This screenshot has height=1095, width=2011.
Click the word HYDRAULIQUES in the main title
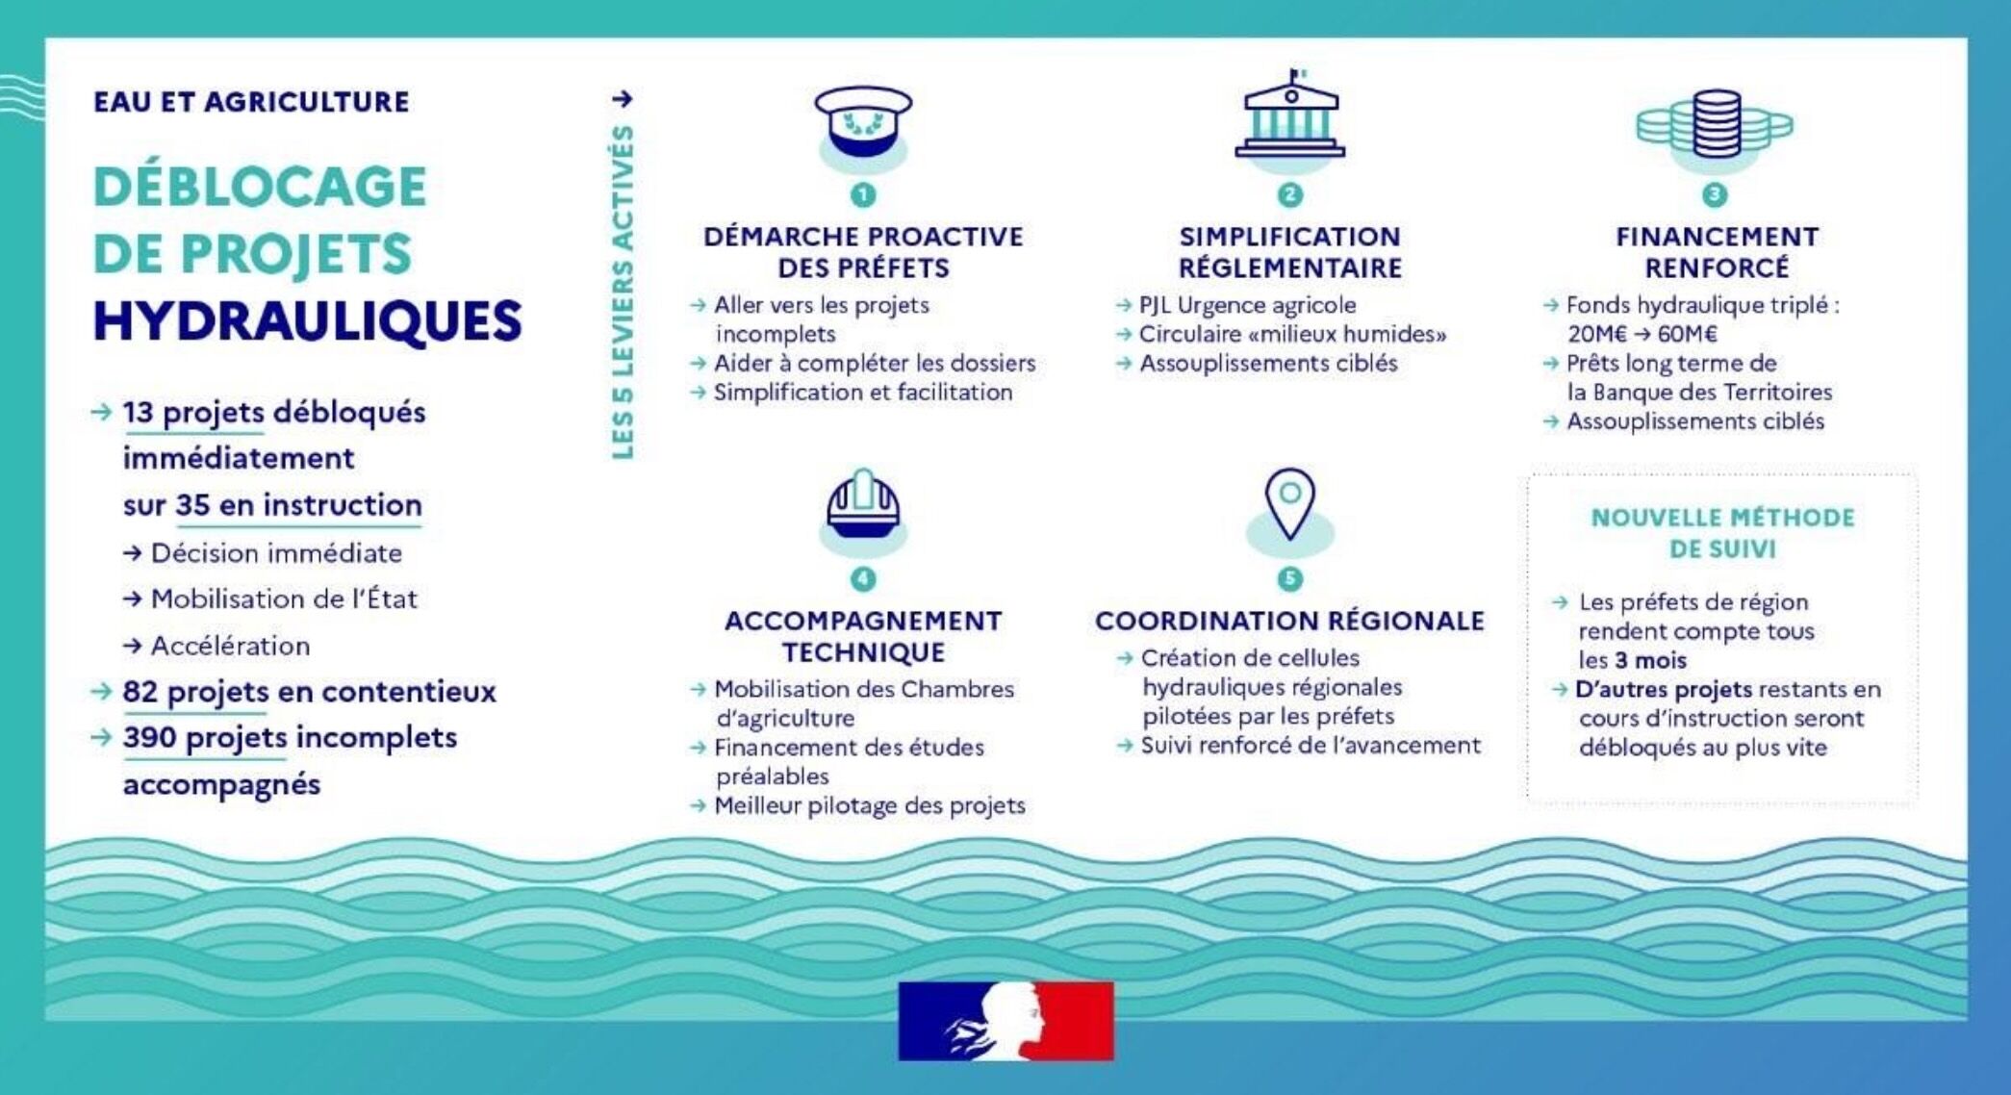(307, 320)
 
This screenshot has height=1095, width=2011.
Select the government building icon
(1290, 116)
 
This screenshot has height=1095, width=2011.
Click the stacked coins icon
(1716, 124)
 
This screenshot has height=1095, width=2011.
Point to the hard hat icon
(863, 505)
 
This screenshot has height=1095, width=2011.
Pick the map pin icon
(1289, 503)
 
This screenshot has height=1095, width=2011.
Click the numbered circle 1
(863, 195)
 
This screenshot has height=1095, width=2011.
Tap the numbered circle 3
(1715, 195)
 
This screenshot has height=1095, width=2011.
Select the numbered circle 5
(1289, 578)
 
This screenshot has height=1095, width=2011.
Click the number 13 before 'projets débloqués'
(138, 412)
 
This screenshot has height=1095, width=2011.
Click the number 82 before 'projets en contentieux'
(140, 692)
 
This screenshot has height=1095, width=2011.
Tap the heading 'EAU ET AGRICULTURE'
(251, 102)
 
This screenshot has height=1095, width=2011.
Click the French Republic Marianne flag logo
(1005, 1021)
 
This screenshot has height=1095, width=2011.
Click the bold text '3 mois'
(1650, 661)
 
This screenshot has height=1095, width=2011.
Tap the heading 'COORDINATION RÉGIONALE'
(1289, 622)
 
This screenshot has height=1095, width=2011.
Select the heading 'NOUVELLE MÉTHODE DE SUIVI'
(1722, 533)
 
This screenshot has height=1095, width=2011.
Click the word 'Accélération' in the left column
(231, 646)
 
